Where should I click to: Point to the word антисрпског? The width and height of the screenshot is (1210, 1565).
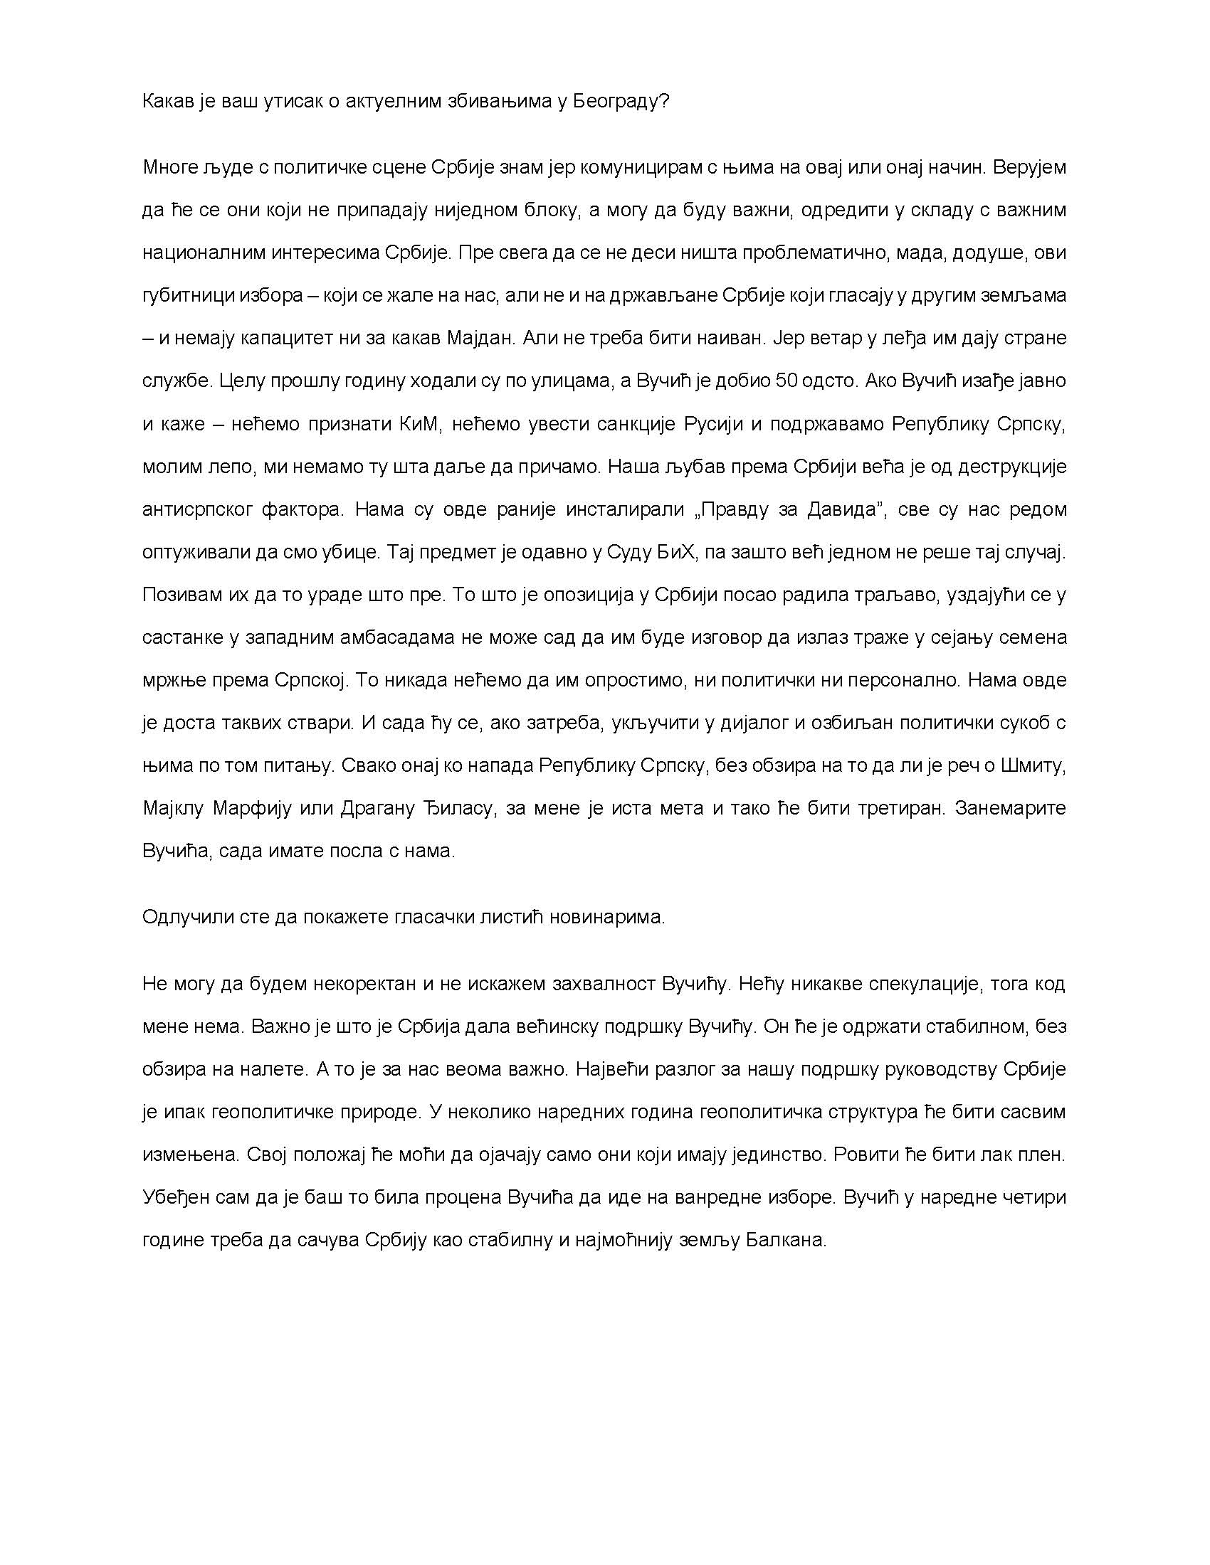(196, 509)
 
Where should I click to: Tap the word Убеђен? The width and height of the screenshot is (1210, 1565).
(173, 1198)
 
